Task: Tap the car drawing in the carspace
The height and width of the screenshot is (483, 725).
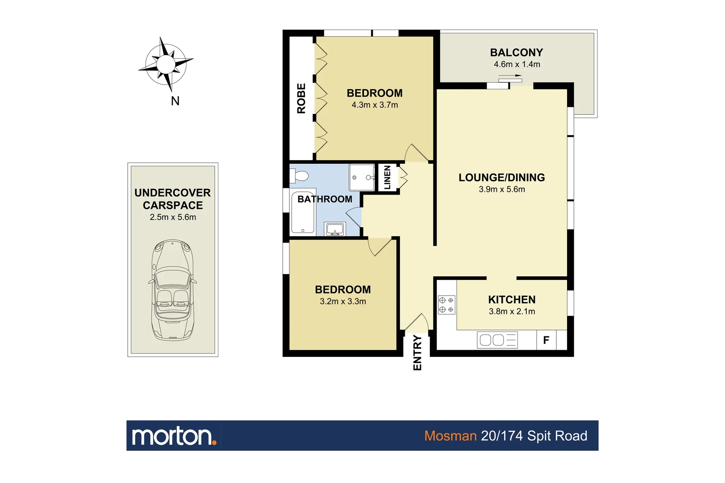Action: (x=173, y=290)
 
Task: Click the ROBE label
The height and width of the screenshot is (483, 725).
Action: (x=301, y=98)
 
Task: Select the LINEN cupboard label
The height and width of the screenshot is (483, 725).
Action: (x=387, y=177)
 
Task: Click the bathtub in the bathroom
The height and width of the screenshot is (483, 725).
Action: (x=303, y=213)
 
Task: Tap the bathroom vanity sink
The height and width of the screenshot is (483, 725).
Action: (x=335, y=229)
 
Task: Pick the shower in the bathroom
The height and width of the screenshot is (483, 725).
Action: (x=362, y=178)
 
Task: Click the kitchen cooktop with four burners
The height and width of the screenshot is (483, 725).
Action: (x=446, y=305)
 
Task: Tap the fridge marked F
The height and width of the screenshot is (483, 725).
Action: (x=546, y=340)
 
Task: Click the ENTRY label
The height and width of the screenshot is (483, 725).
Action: (x=417, y=353)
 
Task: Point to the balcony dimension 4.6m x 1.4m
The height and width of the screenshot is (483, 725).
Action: (x=517, y=64)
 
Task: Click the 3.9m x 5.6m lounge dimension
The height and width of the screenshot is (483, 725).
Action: (x=502, y=189)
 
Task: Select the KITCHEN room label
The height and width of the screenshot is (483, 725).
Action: (x=512, y=300)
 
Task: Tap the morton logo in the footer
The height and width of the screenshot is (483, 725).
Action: (x=174, y=436)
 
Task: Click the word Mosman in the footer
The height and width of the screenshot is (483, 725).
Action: (x=450, y=436)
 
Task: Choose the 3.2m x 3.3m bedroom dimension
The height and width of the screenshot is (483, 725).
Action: (x=343, y=301)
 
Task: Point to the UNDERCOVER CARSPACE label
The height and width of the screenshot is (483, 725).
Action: (x=173, y=199)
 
